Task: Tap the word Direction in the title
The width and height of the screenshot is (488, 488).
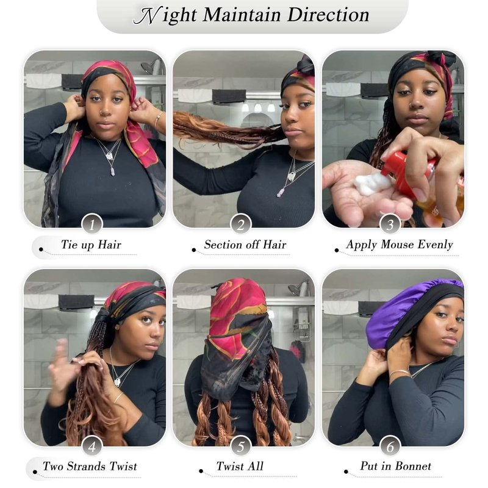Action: click(x=328, y=15)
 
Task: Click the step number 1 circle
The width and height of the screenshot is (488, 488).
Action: click(x=92, y=224)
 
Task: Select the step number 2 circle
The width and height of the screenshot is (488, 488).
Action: click(x=241, y=224)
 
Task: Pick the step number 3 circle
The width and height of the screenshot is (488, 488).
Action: click(x=390, y=224)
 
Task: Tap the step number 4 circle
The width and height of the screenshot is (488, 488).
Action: click(x=92, y=447)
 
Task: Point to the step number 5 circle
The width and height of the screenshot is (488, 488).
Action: click(x=241, y=447)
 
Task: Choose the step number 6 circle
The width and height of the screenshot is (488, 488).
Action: click(x=390, y=447)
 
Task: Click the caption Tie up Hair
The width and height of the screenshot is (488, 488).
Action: click(x=91, y=245)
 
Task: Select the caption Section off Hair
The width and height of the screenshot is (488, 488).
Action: click(x=245, y=245)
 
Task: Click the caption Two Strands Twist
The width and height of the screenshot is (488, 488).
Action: click(x=90, y=466)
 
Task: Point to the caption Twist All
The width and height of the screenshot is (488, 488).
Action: click(x=240, y=466)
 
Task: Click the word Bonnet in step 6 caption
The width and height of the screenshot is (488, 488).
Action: click(x=412, y=466)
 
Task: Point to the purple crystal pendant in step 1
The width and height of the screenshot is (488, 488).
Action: click(x=113, y=171)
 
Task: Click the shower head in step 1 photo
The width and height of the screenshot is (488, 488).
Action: click(x=148, y=66)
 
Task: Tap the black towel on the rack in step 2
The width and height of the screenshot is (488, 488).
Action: click(x=229, y=96)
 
